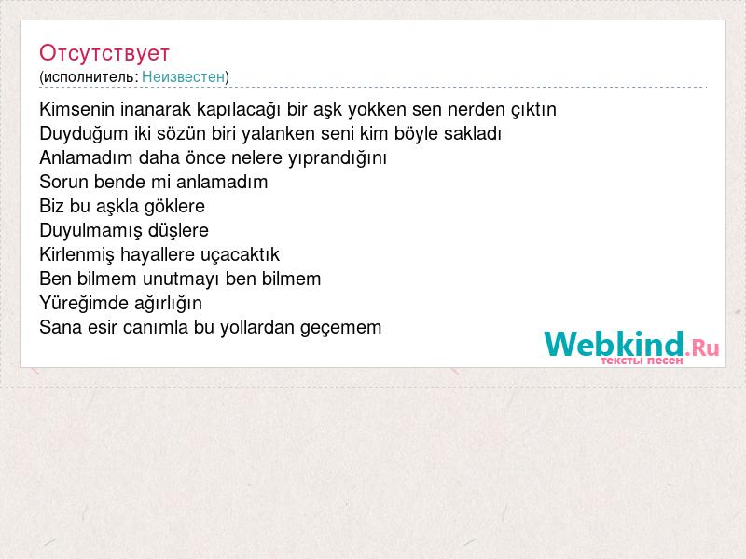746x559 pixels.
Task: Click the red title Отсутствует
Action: coord(104,53)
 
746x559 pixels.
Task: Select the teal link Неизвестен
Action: coord(183,76)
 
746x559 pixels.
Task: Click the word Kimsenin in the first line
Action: coord(77,109)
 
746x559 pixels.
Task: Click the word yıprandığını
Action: coord(338,158)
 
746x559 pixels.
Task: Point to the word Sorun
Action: coord(63,182)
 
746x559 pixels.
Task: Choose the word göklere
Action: coord(174,207)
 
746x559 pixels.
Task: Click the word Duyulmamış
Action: coord(90,231)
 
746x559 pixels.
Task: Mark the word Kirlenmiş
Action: coord(77,255)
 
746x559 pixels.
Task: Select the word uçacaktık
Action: coord(240,255)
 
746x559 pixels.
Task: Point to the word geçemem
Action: coord(340,328)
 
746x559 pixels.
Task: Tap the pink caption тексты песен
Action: coord(642,361)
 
